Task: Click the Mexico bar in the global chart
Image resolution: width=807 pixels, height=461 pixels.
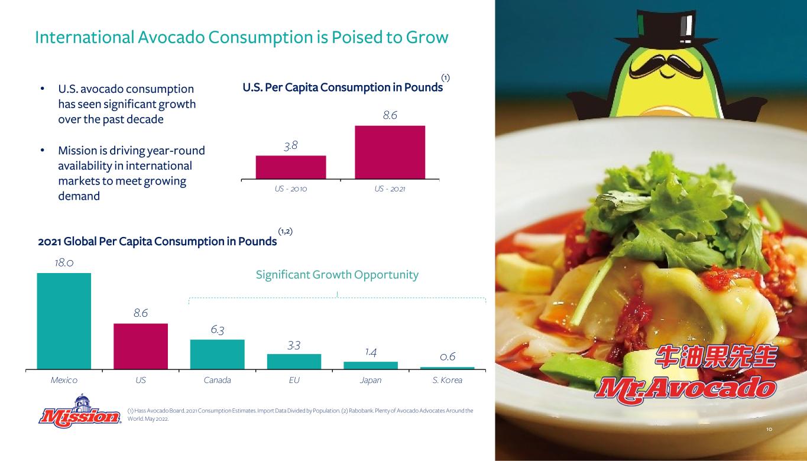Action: [x=64, y=321]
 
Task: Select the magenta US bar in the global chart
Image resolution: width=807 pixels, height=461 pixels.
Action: [x=141, y=346]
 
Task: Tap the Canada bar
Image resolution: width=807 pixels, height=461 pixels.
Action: [x=217, y=355]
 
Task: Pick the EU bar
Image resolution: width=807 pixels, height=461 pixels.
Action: [x=294, y=362]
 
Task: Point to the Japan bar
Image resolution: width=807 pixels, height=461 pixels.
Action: [x=371, y=365]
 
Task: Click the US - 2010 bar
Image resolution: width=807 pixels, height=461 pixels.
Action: [x=291, y=167]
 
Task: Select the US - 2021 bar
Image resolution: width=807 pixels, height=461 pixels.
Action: [x=390, y=152]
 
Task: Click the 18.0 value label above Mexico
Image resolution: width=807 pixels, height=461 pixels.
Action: [x=64, y=263]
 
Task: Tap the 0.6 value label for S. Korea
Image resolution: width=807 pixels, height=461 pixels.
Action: [x=448, y=357]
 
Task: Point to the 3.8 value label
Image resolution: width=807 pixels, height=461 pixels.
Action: [x=291, y=145]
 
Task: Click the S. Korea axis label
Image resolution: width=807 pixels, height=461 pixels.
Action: [x=448, y=380]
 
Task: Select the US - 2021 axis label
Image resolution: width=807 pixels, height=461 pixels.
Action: [x=390, y=189]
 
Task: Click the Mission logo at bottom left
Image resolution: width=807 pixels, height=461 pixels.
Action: [x=80, y=412]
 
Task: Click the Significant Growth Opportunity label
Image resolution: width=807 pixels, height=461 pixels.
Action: [x=337, y=275]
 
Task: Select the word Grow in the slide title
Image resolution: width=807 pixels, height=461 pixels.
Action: [x=427, y=37]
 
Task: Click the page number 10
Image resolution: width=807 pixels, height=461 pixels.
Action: [x=769, y=429]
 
